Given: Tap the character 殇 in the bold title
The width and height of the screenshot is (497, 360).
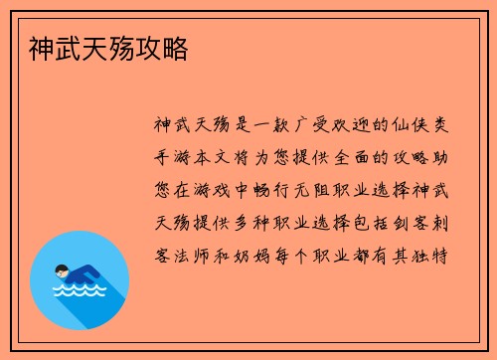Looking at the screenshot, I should (x=125, y=47).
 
